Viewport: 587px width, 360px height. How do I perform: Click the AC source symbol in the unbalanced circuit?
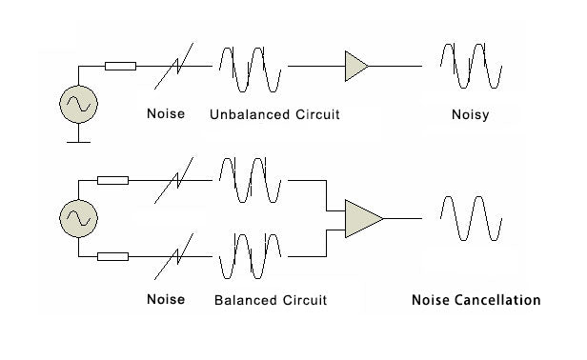[78, 104]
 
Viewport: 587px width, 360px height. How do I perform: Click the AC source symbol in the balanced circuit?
[78, 218]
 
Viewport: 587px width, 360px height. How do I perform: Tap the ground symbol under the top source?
[78, 140]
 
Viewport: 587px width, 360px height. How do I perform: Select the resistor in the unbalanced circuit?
[120, 66]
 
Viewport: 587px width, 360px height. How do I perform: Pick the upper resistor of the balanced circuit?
[112, 179]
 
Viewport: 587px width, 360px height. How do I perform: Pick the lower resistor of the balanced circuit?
[112, 255]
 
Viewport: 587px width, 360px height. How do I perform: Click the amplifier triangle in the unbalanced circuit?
[356, 66]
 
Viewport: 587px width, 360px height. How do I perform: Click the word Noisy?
[472, 115]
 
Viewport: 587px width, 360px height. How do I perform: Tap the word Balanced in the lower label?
[245, 300]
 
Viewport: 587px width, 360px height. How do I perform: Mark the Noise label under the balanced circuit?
[166, 300]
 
